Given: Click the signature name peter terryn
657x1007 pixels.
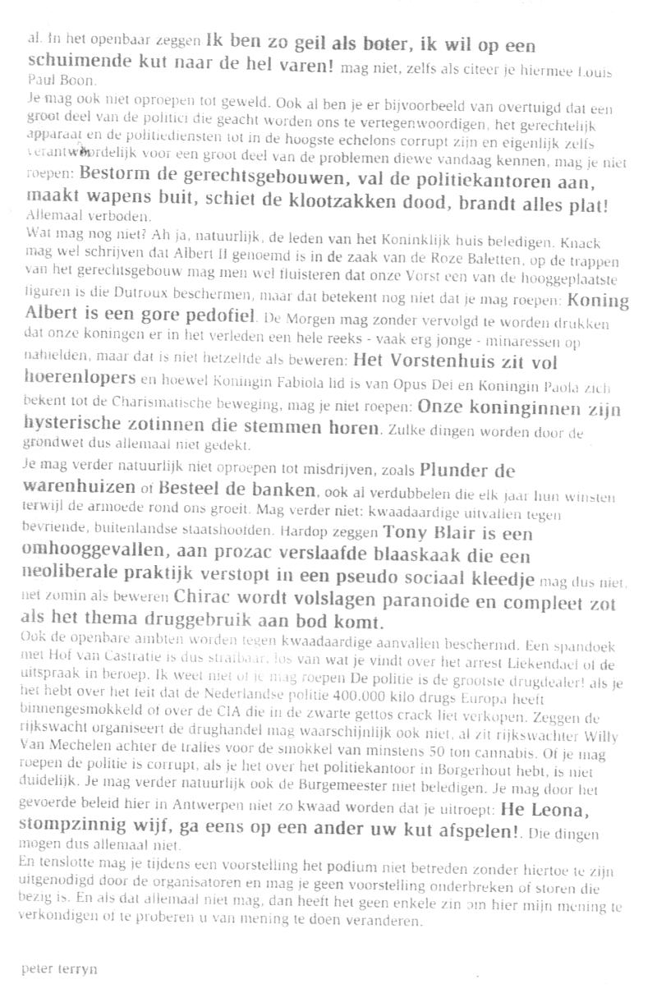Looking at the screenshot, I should (59, 968).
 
